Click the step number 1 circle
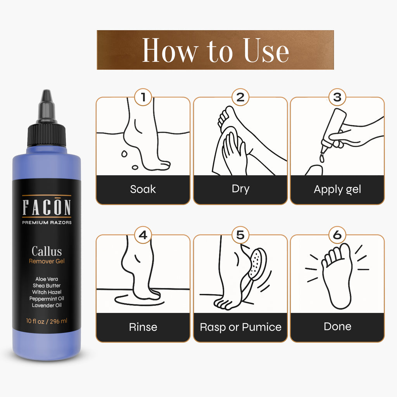143,97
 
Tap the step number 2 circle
240,97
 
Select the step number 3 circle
337,97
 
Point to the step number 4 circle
143,235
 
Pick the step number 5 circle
240,235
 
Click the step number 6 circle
337,235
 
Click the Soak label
143,189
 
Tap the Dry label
240,189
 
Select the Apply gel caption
337,190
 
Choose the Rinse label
143,327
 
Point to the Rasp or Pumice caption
240,327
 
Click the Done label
338,326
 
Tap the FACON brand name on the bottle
47,207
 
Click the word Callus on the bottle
47,251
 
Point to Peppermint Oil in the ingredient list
47,299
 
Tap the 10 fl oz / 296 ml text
47,321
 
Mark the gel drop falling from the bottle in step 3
322,158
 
